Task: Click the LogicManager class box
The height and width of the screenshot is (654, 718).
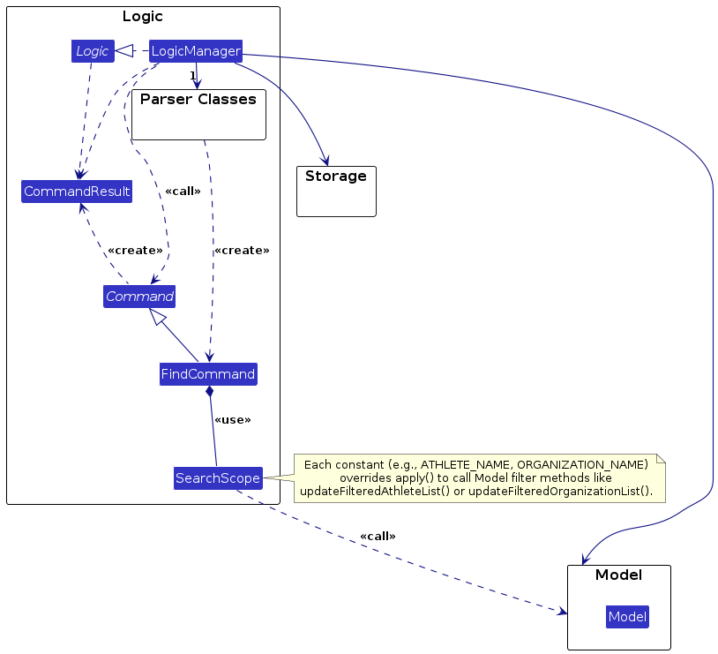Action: pos(196,51)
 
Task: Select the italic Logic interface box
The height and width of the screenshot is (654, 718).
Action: pos(92,51)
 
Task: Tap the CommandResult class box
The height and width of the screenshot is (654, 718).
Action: pos(77,192)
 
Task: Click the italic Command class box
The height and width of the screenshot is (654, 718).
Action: pos(138,297)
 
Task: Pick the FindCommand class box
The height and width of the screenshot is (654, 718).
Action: pos(208,374)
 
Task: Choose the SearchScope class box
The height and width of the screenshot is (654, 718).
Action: pos(218,478)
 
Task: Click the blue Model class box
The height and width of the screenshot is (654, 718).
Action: pos(627,617)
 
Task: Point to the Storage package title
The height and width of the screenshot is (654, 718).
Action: pos(336,177)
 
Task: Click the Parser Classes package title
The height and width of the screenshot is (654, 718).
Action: pos(198,99)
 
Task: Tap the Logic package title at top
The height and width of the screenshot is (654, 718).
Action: pos(142,16)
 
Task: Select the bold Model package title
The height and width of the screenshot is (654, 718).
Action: pos(618,575)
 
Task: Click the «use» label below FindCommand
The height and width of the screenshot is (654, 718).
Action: pos(233,420)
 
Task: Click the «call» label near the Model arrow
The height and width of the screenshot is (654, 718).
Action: pos(378,537)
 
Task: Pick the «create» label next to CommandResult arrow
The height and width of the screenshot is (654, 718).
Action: pos(135,251)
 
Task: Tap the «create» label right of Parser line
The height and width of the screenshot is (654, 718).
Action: pos(242,251)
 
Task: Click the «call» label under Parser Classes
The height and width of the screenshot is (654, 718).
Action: pos(183,192)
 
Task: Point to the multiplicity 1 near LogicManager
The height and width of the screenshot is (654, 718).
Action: pos(192,75)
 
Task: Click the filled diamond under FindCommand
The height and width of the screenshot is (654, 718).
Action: pos(209,391)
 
